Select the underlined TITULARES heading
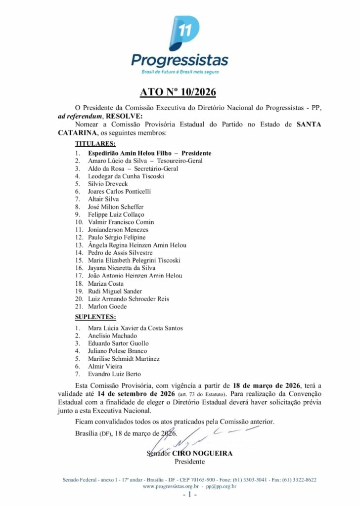click(95, 144)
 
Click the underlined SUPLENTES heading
click(95, 317)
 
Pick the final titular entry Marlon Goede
click(107, 306)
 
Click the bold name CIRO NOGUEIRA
click(202, 453)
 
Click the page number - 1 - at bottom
click(190, 495)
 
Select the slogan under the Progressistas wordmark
click(180, 72)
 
